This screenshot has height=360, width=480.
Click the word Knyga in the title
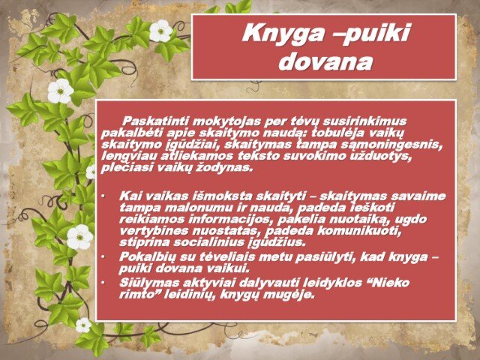click(283, 34)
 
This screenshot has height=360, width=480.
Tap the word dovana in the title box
click(325, 61)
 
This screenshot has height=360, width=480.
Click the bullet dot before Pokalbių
click(103, 256)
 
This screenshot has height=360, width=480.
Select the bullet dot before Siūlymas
click(103, 283)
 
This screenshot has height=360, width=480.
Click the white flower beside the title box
click(160, 31)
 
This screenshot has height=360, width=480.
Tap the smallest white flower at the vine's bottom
click(83, 325)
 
